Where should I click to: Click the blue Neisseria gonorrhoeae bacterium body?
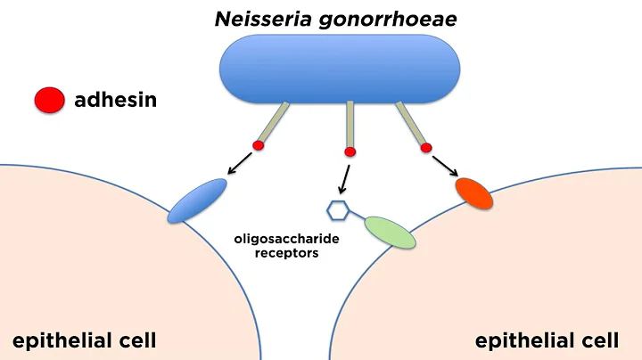[343, 70]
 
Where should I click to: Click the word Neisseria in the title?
[260, 18]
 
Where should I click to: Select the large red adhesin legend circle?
[50, 100]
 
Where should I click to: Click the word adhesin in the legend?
[116, 100]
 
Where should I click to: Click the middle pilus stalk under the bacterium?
[350, 124]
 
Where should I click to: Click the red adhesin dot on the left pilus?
[259, 145]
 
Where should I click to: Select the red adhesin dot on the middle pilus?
[350, 151]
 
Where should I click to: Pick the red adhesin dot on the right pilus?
[426, 146]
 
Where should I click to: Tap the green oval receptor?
[390, 231]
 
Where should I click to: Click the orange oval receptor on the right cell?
[473, 191]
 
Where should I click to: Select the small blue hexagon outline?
[336, 210]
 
